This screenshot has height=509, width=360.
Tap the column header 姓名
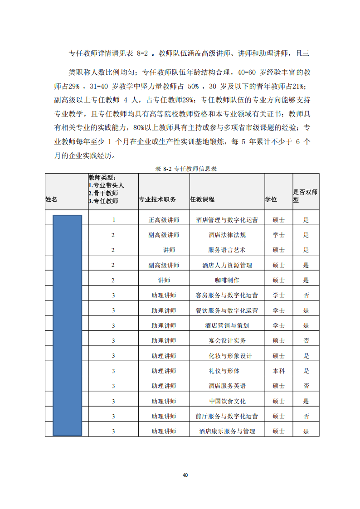pos(51,199)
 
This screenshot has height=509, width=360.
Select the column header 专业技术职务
pos(157,199)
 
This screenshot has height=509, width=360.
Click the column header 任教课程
pos(202,199)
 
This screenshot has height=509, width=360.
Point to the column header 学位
pos(271,199)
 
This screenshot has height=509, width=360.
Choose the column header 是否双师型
pos(305,196)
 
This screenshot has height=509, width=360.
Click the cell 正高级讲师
pos(164,220)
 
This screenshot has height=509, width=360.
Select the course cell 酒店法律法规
pos(227,235)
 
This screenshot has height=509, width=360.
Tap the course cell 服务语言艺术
pos(227,250)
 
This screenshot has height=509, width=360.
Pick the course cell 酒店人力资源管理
pos(227,265)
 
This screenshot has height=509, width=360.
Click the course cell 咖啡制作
pos(227,280)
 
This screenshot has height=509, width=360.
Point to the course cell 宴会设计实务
pos(227,340)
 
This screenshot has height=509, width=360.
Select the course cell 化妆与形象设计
pos(227,356)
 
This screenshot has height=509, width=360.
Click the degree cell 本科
pos(278,371)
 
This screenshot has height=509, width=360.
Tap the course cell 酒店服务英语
pos(227,386)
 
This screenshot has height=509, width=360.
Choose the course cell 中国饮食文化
pos(227,401)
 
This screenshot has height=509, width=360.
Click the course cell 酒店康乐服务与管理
pos(227,431)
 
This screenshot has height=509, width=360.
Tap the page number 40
pos(185,475)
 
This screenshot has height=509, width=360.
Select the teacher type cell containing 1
pos(113,220)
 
